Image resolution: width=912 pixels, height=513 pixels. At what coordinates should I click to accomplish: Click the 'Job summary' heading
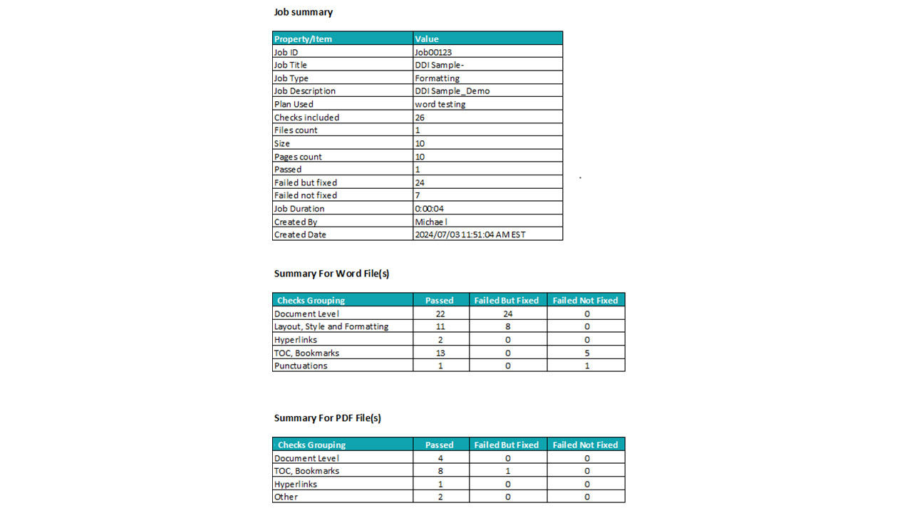pyautogui.click(x=304, y=12)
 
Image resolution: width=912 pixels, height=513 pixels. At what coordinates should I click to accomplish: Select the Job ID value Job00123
pyautogui.click(x=433, y=52)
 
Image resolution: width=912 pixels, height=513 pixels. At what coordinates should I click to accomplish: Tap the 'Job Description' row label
pyautogui.click(x=304, y=91)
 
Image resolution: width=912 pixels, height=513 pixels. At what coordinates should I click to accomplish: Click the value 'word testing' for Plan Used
pyautogui.click(x=440, y=104)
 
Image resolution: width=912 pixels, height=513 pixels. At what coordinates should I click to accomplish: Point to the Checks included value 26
pyautogui.click(x=420, y=118)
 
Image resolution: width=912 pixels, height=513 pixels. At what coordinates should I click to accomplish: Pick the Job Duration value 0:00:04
pyautogui.click(x=430, y=209)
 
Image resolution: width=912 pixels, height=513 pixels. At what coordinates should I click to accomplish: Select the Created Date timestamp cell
pyautogui.click(x=470, y=234)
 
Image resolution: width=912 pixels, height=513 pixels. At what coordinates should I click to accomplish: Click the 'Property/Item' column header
pyautogui.click(x=304, y=39)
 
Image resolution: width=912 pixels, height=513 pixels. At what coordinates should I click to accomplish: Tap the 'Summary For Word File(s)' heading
pyautogui.click(x=331, y=274)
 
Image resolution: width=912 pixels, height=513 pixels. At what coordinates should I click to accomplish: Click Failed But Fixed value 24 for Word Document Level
pyautogui.click(x=507, y=313)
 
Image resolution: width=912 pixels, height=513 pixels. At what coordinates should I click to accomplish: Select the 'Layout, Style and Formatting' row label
pyautogui.click(x=331, y=326)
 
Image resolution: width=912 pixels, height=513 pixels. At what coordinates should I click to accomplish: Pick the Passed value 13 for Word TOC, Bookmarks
pyautogui.click(x=440, y=353)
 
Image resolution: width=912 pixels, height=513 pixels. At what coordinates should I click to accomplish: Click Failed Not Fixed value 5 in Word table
pyautogui.click(x=586, y=353)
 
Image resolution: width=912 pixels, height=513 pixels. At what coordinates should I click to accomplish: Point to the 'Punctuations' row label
pyautogui.click(x=301, y=366)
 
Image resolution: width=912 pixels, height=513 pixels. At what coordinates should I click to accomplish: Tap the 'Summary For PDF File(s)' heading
pyautogui.click(x=328, y=418)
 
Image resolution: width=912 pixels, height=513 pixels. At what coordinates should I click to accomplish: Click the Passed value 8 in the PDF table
pyautogui.click(x=440, y=471)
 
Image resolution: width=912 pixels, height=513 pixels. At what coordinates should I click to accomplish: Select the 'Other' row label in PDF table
pyautogui.click(x=286, y=497)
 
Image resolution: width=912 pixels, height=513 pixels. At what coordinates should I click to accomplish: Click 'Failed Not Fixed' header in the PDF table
pyautogui.click(x=586, y=445)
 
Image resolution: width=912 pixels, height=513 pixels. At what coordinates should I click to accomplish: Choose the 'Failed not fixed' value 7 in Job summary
pyautogui.click(x=418, y=195)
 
